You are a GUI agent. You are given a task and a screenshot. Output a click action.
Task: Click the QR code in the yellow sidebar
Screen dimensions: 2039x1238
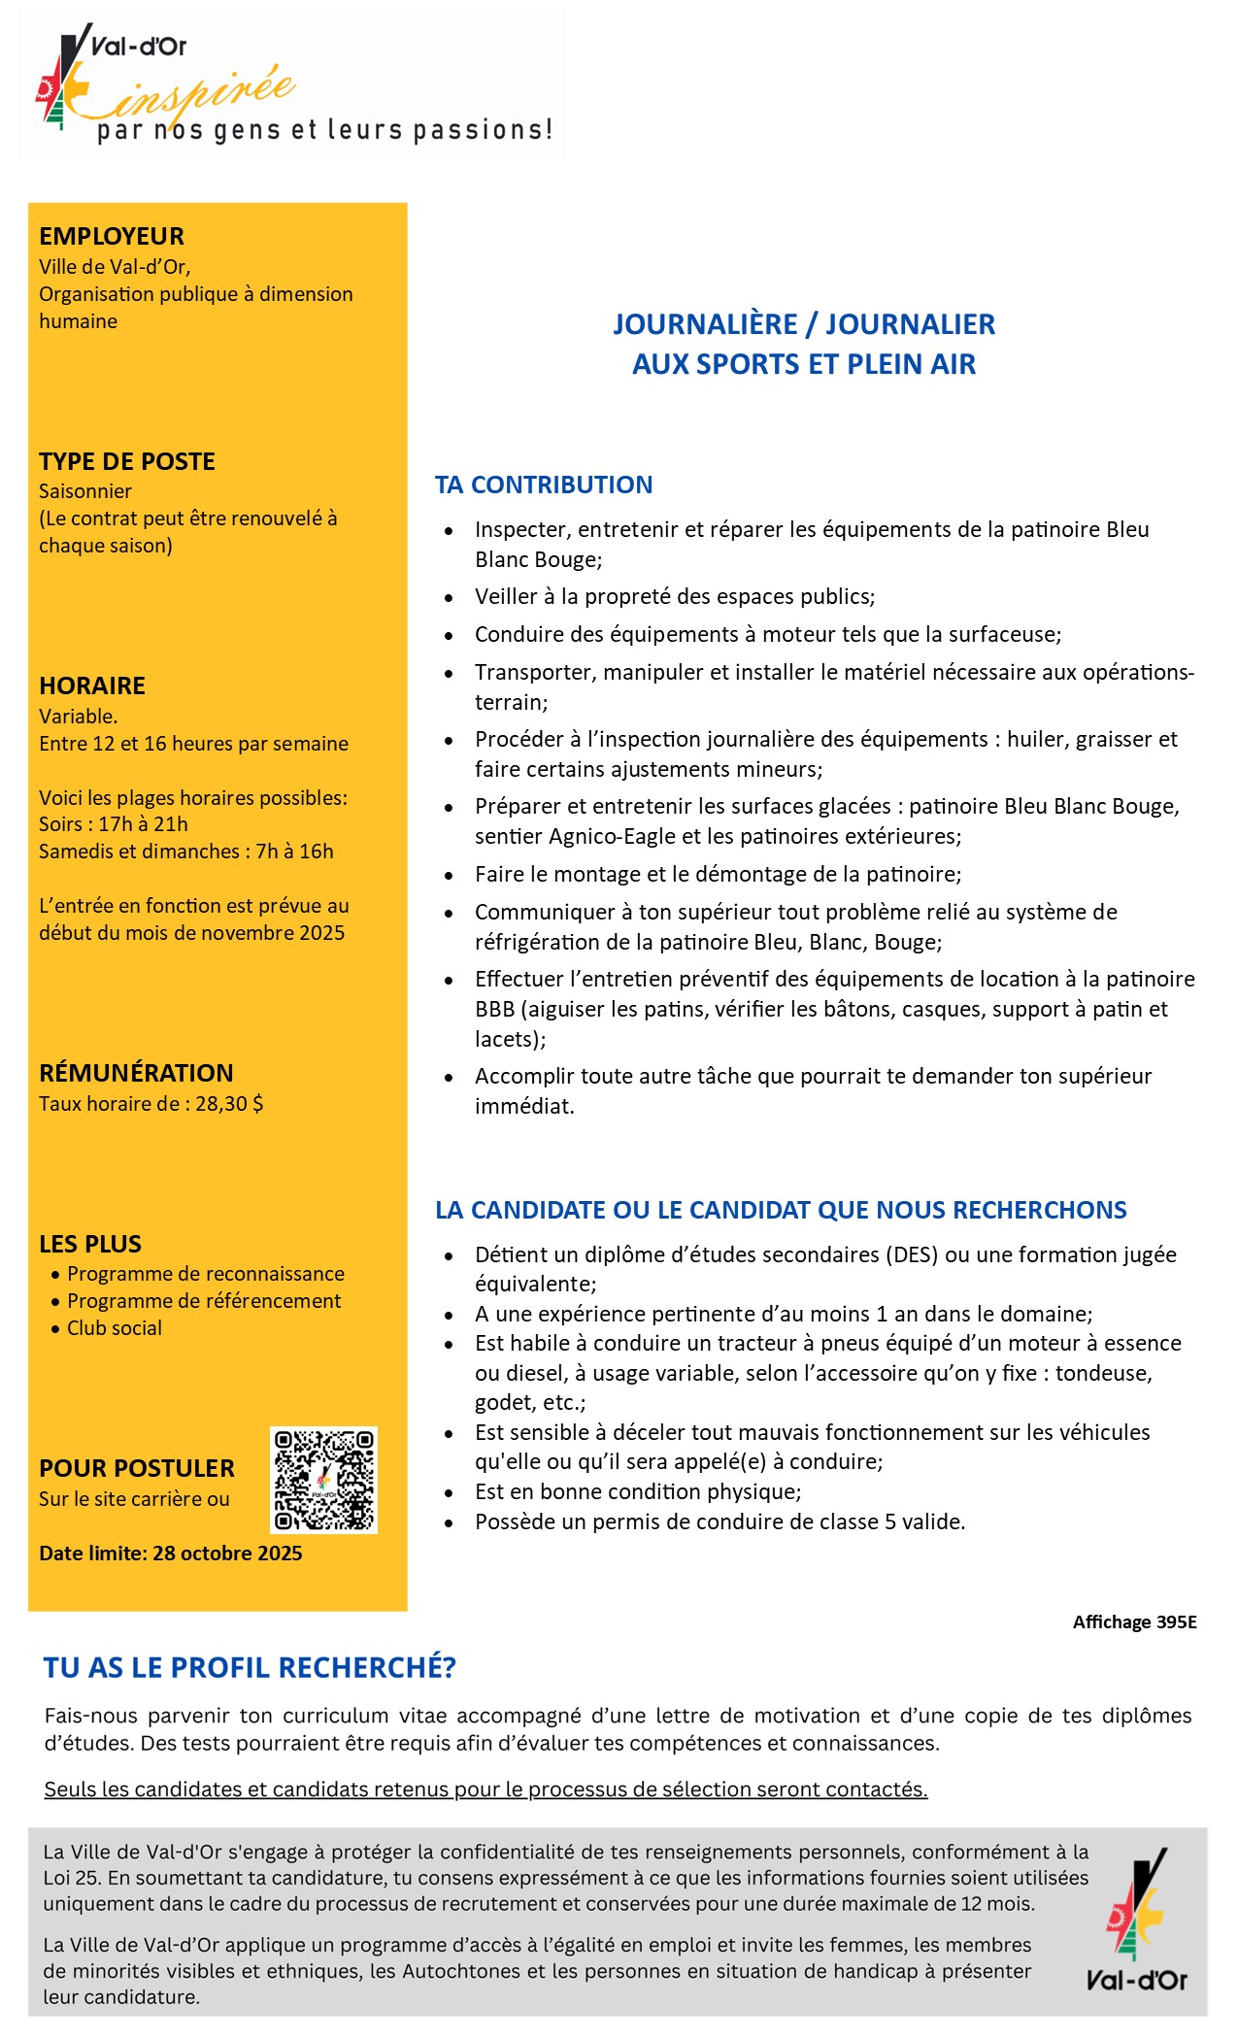(323, 1480)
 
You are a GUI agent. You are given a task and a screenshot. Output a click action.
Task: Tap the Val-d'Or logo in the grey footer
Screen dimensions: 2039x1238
(1136, 1918)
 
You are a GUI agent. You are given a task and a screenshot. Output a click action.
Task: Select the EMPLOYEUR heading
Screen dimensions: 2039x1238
(112, 236)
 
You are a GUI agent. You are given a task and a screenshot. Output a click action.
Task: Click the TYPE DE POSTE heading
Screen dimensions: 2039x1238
(127, 461)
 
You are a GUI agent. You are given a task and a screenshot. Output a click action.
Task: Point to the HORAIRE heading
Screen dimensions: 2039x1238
(92, 685)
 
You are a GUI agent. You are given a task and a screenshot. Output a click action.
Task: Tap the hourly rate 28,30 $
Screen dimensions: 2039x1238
(229, 1104)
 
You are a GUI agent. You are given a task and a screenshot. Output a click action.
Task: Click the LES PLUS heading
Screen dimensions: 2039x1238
(90, 1244)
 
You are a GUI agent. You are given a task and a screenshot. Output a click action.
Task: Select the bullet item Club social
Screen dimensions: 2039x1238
(115, 1328)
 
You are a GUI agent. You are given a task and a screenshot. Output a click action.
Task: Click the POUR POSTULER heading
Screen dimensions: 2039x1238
(137, 1468)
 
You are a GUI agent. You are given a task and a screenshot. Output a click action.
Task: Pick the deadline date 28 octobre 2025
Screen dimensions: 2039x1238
(227, 1554)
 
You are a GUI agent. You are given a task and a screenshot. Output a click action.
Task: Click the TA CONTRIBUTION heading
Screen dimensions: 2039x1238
(544, 485)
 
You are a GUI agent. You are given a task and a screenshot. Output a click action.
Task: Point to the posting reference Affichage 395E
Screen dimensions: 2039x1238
(1134, 1622)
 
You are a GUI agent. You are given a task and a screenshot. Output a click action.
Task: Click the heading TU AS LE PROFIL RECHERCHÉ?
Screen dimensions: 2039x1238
(250, 1668)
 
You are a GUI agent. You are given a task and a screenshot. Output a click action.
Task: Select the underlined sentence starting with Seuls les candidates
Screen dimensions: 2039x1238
(485, 1789)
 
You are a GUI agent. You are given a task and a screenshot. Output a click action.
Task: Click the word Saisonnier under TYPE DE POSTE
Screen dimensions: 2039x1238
(85, 491)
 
